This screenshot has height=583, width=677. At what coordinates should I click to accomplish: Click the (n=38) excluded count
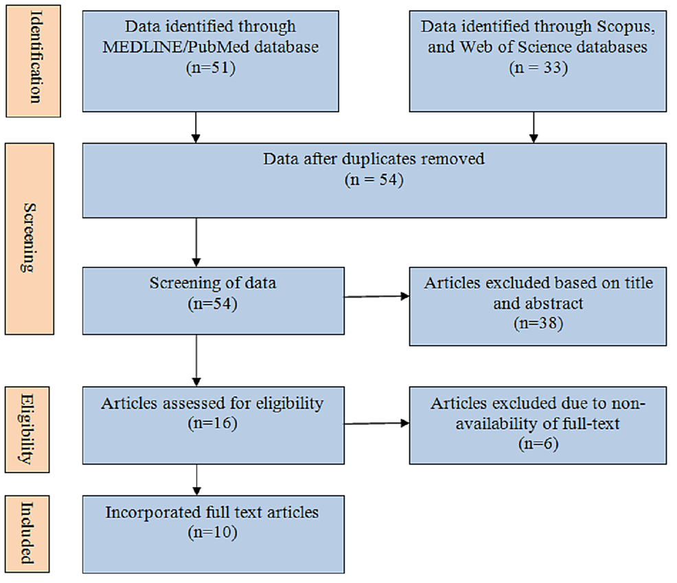point(538,323)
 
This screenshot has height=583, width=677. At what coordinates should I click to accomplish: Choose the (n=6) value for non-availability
point(538,444)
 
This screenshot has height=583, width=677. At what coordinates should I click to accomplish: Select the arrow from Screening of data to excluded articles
point(376,298)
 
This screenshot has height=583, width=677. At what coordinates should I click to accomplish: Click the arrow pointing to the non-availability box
point(376,423)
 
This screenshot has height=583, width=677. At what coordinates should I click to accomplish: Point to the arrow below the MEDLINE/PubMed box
point(196,127)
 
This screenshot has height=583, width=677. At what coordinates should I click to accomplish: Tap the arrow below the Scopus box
point(533,127)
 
